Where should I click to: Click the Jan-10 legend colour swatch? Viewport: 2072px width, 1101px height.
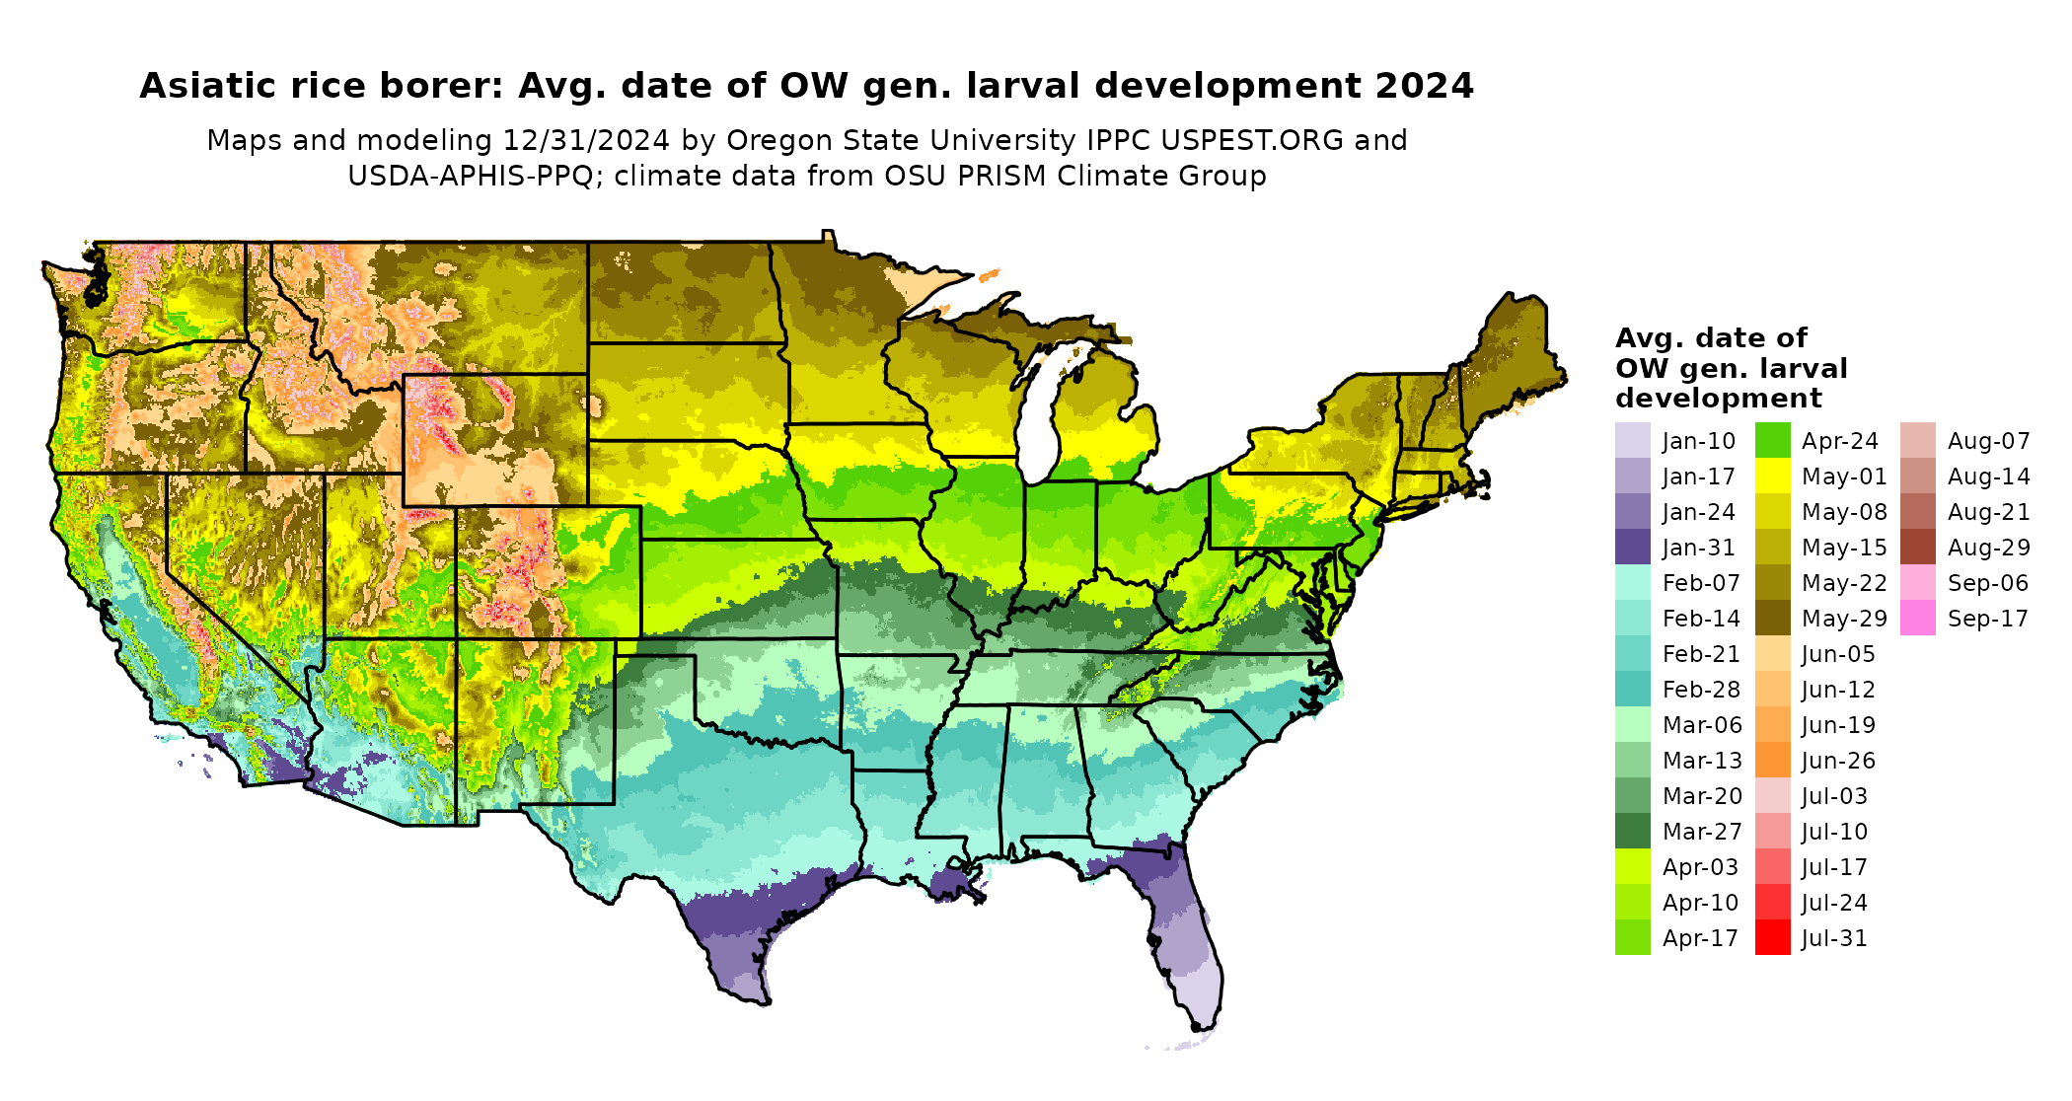click(1632, 441)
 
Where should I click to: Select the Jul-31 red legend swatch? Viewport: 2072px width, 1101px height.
click(1772, 938)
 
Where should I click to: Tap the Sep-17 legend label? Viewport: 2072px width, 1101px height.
click(1987, 619)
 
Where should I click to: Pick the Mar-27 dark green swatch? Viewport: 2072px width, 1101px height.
click(1632, 832)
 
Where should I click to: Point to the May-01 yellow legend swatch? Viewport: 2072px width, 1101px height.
click(1772, 477)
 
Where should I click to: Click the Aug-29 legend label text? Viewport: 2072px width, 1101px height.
click(1988, 548)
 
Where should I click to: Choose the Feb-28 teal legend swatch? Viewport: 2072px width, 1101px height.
click(1632, 690)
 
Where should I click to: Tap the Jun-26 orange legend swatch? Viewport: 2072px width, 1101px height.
click(1772, 761)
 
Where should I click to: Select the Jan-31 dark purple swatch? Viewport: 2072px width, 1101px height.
click(1632, 548)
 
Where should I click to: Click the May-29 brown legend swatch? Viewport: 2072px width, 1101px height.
click(1772, 619)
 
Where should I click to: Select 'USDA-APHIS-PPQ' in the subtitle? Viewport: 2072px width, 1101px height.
click(471, 177)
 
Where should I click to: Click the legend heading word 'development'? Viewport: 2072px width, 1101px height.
click(1718, 399)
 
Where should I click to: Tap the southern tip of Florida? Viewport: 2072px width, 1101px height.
click(1197, 1027)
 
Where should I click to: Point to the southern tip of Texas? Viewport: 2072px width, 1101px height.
click(761, 1001)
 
